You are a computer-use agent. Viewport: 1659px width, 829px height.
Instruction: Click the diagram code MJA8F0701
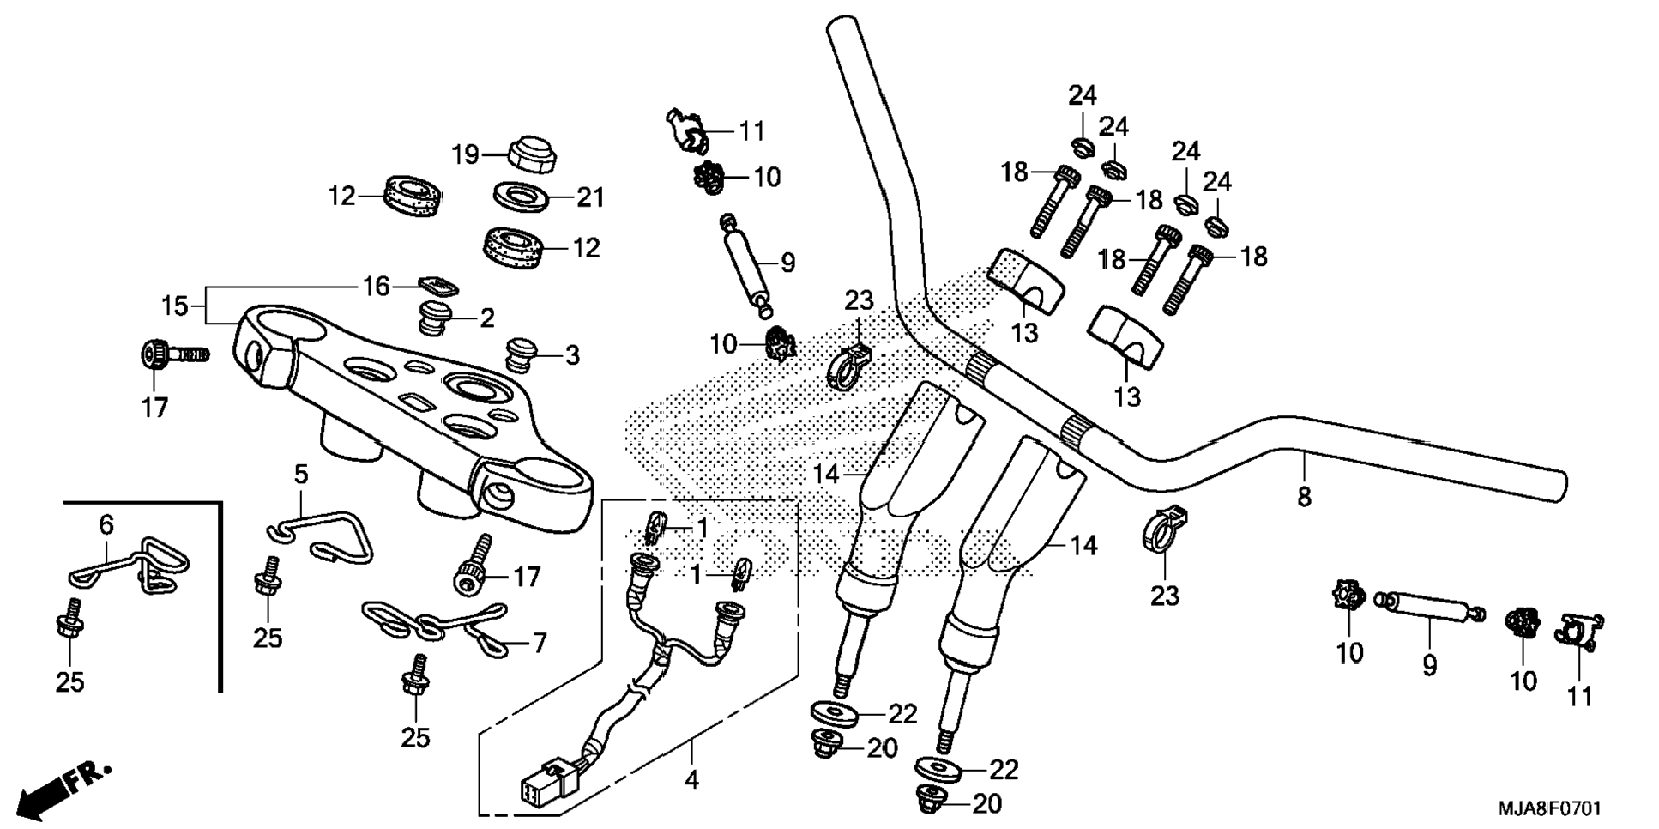coord(1549,809)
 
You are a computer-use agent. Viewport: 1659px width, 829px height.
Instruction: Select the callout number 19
coord(466,155)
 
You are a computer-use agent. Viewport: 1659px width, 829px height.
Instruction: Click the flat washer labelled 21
coord(522,197)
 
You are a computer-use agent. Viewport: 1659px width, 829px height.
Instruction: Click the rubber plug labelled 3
coord(521,354)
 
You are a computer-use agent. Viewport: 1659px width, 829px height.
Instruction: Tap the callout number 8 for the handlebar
coord(1303,497)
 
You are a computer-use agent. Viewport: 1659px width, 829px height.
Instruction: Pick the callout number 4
coord(691,780)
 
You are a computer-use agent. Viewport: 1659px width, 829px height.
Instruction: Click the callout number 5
coord(301,475)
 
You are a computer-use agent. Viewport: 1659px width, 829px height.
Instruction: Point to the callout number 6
coord(106,524)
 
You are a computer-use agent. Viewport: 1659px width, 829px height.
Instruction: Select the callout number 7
coord(539,643)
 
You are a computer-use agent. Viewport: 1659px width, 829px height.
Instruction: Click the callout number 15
coord(175,306)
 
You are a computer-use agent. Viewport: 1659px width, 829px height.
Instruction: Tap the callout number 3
coord(571,355)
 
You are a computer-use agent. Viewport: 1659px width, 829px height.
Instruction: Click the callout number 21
coord(590,198)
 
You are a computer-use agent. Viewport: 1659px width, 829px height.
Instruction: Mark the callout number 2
coord(486,319)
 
